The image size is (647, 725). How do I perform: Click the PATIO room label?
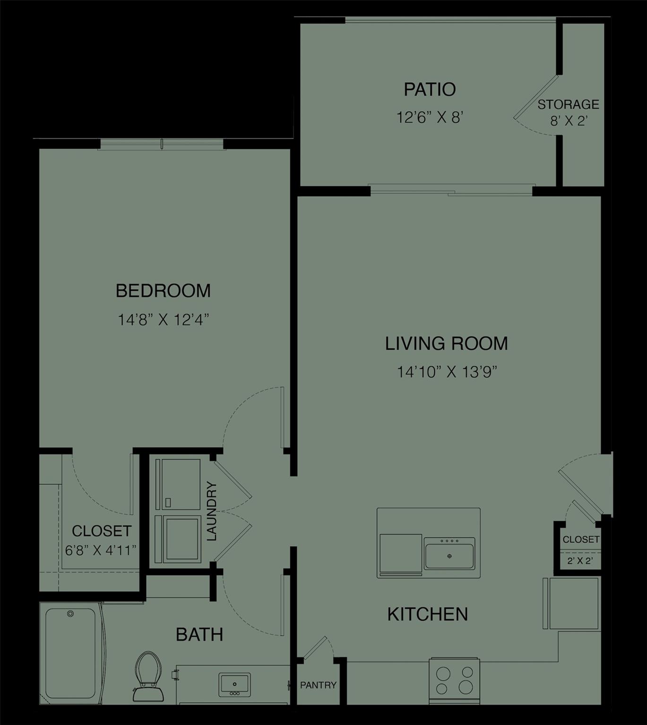430,89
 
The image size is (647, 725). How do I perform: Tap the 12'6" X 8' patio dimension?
429,117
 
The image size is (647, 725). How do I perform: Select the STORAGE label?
568,104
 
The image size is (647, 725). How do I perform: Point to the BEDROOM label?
163,291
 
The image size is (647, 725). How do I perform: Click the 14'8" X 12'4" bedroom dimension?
163,320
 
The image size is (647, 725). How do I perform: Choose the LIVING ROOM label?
446,343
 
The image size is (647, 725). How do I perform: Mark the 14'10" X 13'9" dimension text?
447,372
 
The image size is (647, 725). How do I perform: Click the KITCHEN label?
428,614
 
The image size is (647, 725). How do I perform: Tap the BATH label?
199,635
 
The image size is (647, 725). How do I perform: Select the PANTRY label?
318,685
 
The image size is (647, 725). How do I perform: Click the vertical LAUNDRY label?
211,511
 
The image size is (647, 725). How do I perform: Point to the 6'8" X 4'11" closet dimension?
101,550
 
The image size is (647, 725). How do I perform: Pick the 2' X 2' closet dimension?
580,561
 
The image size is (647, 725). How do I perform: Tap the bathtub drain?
71,614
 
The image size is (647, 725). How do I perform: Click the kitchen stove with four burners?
454,680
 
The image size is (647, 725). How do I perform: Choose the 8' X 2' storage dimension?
568,121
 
